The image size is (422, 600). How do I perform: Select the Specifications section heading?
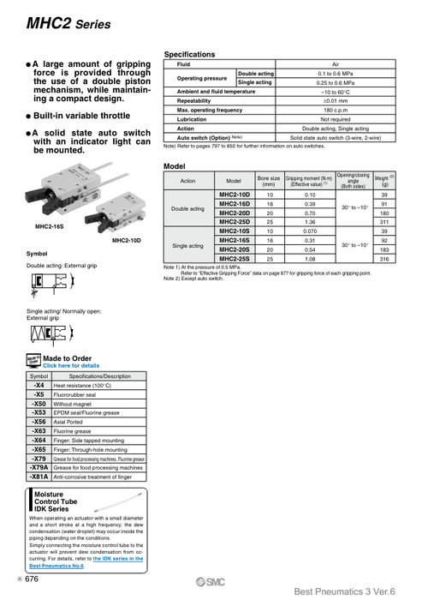coord(189,55)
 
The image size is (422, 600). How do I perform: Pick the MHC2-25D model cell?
coord(234,221)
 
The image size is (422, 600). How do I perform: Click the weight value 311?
coord(384,221)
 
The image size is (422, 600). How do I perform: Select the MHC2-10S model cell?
coord(234,231)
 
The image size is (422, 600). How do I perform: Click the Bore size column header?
coord(269,181)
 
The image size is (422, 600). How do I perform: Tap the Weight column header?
coord(384,181)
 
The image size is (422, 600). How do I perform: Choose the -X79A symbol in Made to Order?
coord(39,468)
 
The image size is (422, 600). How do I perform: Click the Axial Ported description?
coord(72,422)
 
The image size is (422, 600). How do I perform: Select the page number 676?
coord(31,580)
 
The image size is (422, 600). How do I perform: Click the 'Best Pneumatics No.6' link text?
coord(56,567)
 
